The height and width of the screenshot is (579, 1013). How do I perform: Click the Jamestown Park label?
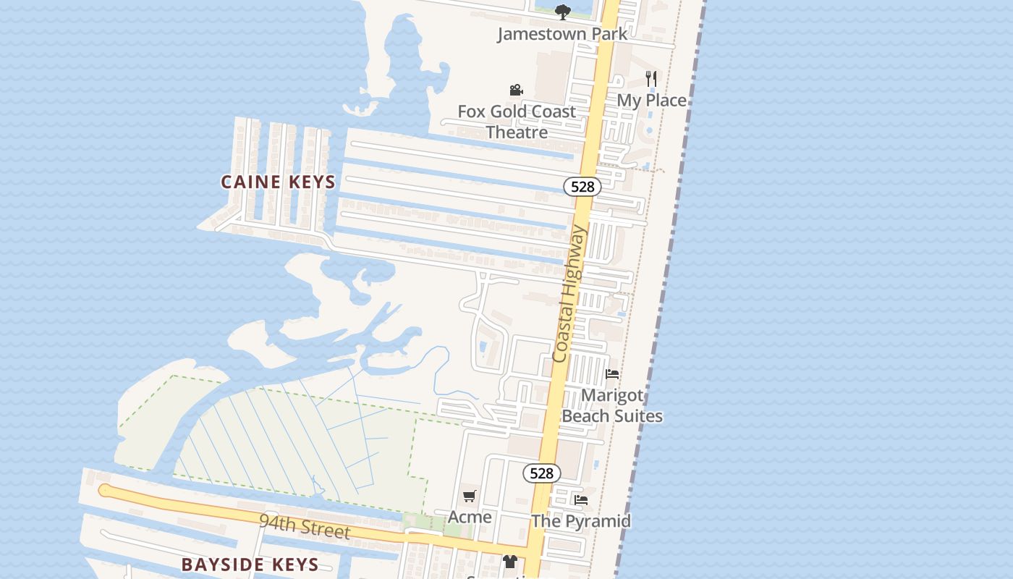(x=562, y=34)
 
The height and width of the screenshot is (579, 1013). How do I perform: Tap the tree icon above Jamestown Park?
(x=562, y=12)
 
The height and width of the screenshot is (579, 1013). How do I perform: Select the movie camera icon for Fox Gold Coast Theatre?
(x=516, y=90)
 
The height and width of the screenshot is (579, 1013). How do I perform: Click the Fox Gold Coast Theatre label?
(x=517, y=122)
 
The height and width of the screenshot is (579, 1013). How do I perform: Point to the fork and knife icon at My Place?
(x=651, y=78)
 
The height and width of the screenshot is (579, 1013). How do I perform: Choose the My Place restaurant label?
(x=651, y=101)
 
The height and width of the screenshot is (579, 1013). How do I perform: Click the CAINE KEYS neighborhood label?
(x=279, y=182)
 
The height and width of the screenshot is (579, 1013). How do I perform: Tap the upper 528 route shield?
(x=582, y=187)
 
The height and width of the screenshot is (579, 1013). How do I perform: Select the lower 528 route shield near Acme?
(x=541, y=473)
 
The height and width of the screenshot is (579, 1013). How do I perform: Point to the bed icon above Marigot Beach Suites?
(x=612, y=374)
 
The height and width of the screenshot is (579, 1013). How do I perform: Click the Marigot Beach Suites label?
(x=612, y=405)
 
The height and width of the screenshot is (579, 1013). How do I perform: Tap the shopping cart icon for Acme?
(x=470, y=496)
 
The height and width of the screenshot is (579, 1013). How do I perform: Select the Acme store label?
(x=470, y=517)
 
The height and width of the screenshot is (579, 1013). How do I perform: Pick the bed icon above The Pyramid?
(x=580, y=499)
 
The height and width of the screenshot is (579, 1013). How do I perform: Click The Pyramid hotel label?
(x=581, y=521)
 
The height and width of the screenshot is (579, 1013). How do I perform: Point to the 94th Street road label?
(x=305, y=526)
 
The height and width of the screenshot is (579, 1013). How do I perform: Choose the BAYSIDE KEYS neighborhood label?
(x=250, y=565)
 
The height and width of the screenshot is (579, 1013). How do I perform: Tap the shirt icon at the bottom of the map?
(x=510, y=562)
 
